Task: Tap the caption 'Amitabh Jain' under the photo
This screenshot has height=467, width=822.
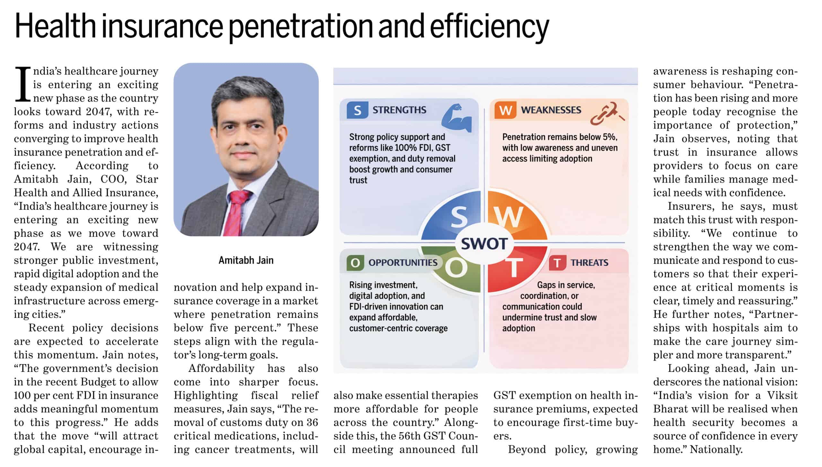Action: pos(246,260)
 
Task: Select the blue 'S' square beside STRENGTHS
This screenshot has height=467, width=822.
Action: pos(357,110)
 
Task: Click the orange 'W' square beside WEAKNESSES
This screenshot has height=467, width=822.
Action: pos(505,110)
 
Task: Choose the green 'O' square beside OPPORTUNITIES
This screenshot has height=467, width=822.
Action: pos(355,263)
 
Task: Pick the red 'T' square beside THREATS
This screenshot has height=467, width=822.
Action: pos(557,263)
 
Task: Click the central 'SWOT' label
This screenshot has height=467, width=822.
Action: pos(484,244)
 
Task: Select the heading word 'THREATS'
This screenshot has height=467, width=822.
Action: pos(590,263)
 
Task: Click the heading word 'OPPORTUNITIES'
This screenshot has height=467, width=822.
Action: pos(403,263)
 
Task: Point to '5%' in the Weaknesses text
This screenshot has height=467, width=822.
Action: pos(610,137)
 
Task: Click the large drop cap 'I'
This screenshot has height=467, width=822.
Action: pos(23,84)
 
